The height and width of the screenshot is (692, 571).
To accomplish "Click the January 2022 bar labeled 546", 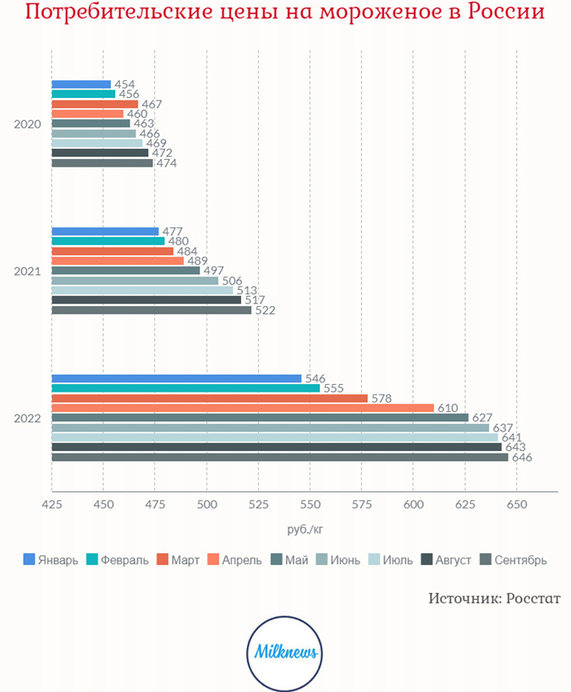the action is click(177, 378).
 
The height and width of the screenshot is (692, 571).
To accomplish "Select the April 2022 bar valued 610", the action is click(243, 408).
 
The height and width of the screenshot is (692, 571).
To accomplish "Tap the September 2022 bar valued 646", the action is click(280, 457).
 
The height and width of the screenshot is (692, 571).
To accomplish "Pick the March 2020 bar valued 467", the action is click(95, 104).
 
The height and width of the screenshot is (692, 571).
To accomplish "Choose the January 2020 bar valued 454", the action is click(81, 85).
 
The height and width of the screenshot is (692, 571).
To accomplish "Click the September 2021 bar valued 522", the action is click(151, 310).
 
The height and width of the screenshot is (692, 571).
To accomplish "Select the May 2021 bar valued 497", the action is click(126, 271).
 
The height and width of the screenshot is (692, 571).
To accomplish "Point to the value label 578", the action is click(382, 398).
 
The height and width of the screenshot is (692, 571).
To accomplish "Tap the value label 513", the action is click(247, 290).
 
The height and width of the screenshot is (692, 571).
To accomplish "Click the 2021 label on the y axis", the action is click(27, 272).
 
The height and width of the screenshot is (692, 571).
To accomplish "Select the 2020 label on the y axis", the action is click(27, 124).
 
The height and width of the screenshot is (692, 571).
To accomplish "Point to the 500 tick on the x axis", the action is click(207, 504).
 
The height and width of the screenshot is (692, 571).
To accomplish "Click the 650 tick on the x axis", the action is click(517, 504).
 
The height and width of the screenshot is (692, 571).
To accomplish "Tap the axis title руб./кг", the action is click(305, 529).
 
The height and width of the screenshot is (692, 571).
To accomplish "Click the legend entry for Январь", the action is click(51, 559).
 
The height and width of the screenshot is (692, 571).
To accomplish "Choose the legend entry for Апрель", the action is click(234, 559).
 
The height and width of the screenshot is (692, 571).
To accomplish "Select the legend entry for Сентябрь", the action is click(513, 559).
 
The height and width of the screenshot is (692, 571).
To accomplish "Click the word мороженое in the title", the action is click(381, 13).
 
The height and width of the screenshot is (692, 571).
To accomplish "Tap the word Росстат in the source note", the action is click(534, 598).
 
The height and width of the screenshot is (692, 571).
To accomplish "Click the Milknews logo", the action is click(284, 654).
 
